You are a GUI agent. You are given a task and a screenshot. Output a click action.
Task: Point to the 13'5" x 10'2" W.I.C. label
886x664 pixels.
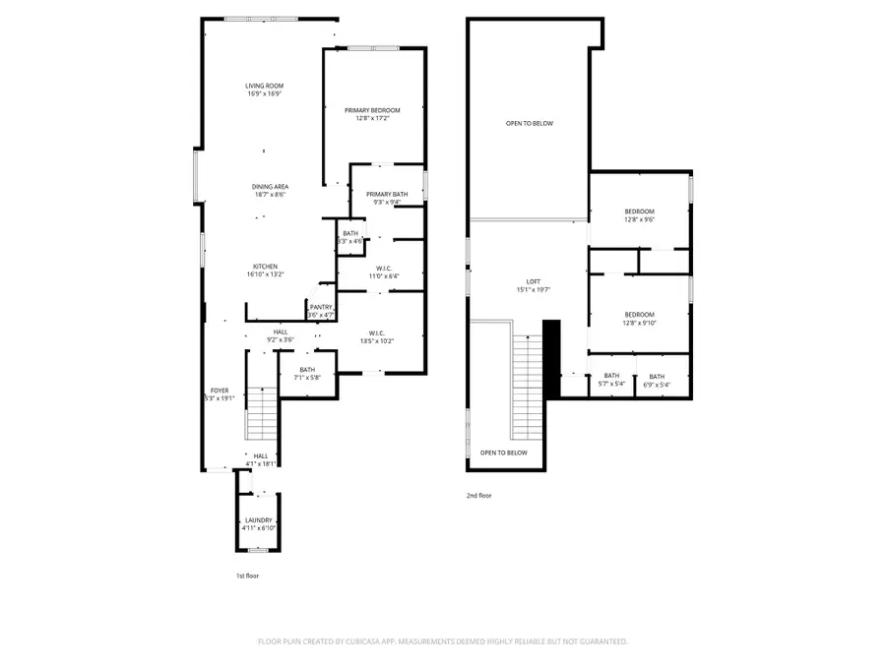(376, 336)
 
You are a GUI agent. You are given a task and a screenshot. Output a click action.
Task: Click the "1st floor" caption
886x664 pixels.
(246, 575)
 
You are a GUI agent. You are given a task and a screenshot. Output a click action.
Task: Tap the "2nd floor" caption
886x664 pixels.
(478, 496)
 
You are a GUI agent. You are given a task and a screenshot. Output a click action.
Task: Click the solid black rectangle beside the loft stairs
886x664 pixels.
(551, 358)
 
